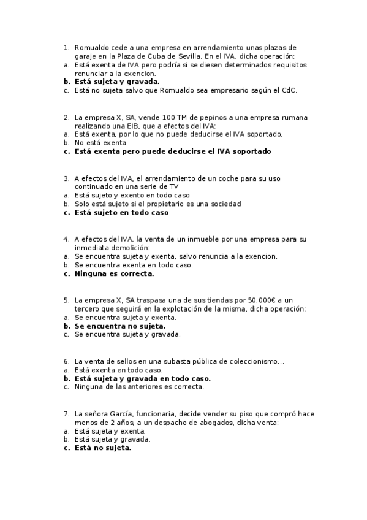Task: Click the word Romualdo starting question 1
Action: click(x=92, y=47)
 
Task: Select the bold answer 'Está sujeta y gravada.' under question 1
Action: click(x=117, y=82)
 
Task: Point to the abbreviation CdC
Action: click(x=289, y=90)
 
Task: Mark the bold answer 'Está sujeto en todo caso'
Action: click(x=121, y=213)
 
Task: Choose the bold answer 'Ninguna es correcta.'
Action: click(x=114, y=274)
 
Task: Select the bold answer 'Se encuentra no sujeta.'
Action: click(x=120, y=326)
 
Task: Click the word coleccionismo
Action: click(x=252, y=362)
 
